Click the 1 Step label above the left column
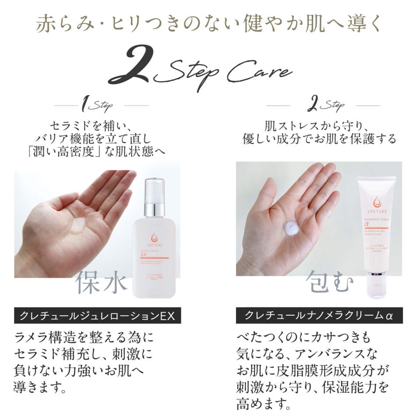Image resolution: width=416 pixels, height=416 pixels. pyautogui.click(x=98, y=106)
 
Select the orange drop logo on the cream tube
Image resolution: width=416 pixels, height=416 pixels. pyautogui.click(x=377, y=202)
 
